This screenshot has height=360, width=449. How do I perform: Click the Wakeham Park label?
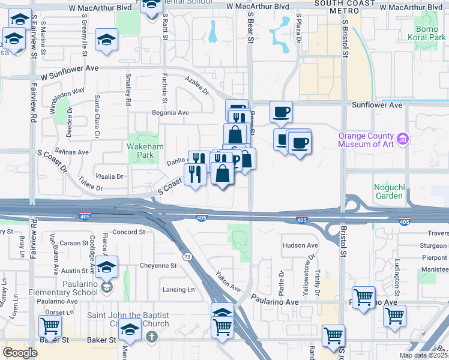point(141,151)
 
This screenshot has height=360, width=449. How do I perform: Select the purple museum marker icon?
point(402,139)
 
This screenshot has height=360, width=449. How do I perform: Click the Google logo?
point(20,353)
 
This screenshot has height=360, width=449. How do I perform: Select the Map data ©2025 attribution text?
point(423,355)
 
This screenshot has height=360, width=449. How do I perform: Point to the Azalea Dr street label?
point(196,86)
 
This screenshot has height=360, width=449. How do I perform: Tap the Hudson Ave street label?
point(300,245)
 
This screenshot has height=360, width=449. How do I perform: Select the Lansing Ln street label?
point(179,290)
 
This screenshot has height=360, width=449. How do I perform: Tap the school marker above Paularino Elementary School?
point(107,266)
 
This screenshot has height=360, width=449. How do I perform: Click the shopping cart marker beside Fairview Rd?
point(50,326)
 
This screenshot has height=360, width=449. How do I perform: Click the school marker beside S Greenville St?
point(107,41)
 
